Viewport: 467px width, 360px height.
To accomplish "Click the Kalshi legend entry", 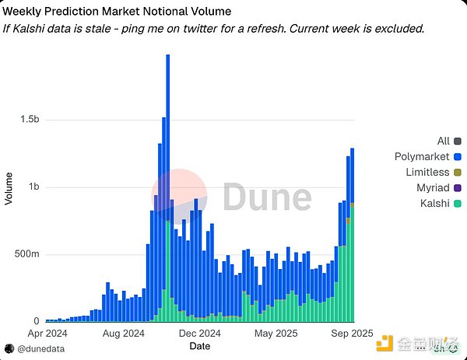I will [434, 203].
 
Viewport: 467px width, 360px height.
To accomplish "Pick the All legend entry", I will [444, 141].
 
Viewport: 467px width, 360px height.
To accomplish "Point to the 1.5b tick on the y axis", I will [30, 120].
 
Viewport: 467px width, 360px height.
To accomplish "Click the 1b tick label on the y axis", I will [33, 187].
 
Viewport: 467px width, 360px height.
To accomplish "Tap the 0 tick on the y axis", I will [36, 321].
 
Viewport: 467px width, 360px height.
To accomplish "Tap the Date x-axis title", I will [200, 345].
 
